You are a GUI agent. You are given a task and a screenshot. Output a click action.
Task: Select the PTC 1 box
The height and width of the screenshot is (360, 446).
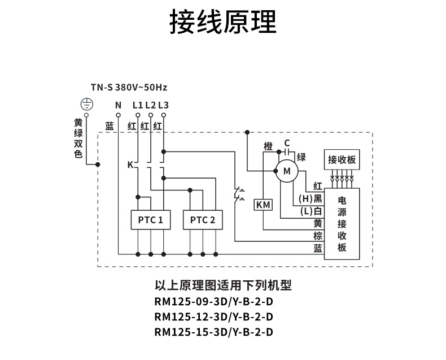coord(150,220)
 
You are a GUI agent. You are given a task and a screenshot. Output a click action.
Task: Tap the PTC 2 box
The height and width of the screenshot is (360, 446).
coord(203,220)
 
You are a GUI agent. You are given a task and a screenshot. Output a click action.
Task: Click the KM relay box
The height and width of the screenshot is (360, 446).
coord(264,205)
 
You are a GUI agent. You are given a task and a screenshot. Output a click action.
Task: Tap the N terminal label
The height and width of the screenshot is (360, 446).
coord(118,105)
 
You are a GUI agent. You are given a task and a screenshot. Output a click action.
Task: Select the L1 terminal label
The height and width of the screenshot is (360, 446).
coord(138,105)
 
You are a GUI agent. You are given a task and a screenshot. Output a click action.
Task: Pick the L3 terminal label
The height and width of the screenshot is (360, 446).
coord(163,105)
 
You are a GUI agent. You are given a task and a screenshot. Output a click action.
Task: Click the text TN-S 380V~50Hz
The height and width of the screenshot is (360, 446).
coord(129,88)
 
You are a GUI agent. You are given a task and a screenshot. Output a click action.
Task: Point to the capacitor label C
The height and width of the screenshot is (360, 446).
coord(287,142)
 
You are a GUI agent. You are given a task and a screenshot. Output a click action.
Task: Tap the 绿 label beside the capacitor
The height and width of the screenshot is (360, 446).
coord(301,157)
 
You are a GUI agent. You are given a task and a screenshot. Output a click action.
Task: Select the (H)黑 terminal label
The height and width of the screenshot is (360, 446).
coord(311,198)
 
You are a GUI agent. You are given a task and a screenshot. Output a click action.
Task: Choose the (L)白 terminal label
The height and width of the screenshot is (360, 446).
coord(311,211)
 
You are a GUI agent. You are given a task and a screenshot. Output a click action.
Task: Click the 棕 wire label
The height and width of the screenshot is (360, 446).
coord(318,236)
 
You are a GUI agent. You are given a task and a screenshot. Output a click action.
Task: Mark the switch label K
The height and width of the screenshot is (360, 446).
coord(130,166)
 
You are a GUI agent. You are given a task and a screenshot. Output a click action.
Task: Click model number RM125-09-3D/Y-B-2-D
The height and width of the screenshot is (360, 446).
coord(214,302)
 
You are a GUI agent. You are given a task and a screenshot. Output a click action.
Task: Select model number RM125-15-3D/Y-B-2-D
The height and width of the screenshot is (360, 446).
coord(214,332)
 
